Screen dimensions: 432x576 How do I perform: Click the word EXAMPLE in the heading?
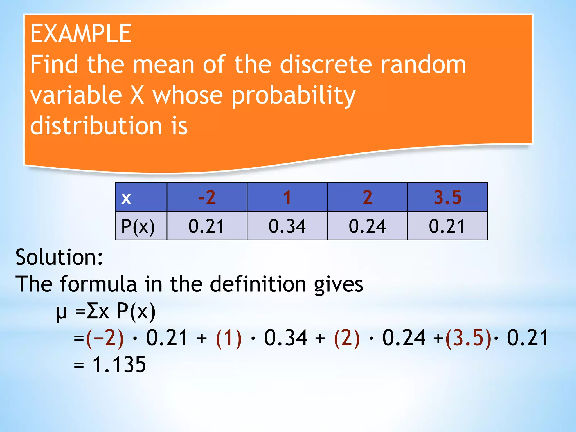coord(81,34)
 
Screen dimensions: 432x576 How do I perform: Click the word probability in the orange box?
coord(294,96)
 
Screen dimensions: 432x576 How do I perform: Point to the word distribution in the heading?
coord(96,126)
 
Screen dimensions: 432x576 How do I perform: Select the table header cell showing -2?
coord(207,197)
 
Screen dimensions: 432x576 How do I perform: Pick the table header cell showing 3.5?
coord(447,197)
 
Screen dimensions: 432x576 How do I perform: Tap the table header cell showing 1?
coord(287,197)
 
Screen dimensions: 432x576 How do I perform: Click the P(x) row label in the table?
coord(138,226)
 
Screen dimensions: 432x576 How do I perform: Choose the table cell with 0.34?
coord(287,226)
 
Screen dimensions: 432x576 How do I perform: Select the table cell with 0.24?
coord(367,226)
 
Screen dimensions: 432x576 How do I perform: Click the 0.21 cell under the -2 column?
coord(207,226)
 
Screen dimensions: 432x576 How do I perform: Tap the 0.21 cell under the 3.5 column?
coord(447,226)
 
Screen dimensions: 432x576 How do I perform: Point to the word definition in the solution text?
coord(258,284)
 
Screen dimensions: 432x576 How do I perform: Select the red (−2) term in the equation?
coord(105,338)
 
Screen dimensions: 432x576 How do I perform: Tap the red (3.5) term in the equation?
coord(468,338)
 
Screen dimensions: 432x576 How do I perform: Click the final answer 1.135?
coord(119,365)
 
